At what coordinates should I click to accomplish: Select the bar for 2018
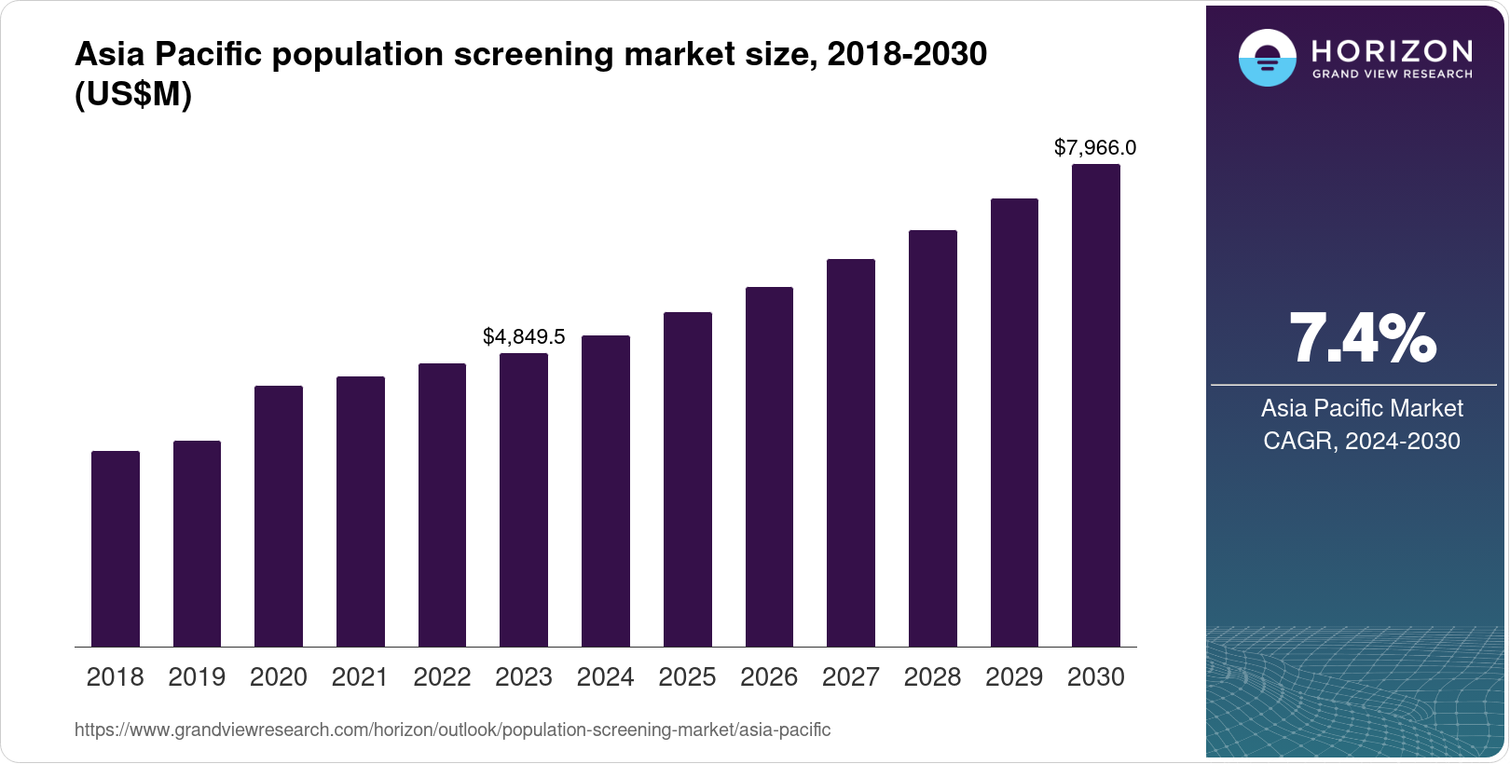click(116, 549)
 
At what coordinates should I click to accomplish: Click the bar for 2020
click(279, 516)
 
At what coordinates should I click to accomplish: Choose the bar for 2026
click(769, 467)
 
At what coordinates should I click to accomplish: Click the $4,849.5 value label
click(524, 336)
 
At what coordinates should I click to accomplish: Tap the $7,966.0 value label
click(1095, 147)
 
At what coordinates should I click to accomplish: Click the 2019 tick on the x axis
click(197, 677)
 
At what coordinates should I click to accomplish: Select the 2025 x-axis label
click(687, 677)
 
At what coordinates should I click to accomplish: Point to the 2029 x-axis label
click(1014, 677)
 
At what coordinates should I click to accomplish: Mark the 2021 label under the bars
click(360, 677)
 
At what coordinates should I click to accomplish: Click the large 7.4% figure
click(1362, 339)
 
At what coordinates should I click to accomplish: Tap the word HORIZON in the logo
click(1393, 50)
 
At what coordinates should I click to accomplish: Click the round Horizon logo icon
click(1267, 58)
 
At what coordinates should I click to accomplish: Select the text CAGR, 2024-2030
click(1361, 441)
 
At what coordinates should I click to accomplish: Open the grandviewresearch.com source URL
click(452, 730)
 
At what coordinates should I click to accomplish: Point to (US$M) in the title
click(132, 94)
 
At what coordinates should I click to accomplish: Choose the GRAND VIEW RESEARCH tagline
click(1393, 74)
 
